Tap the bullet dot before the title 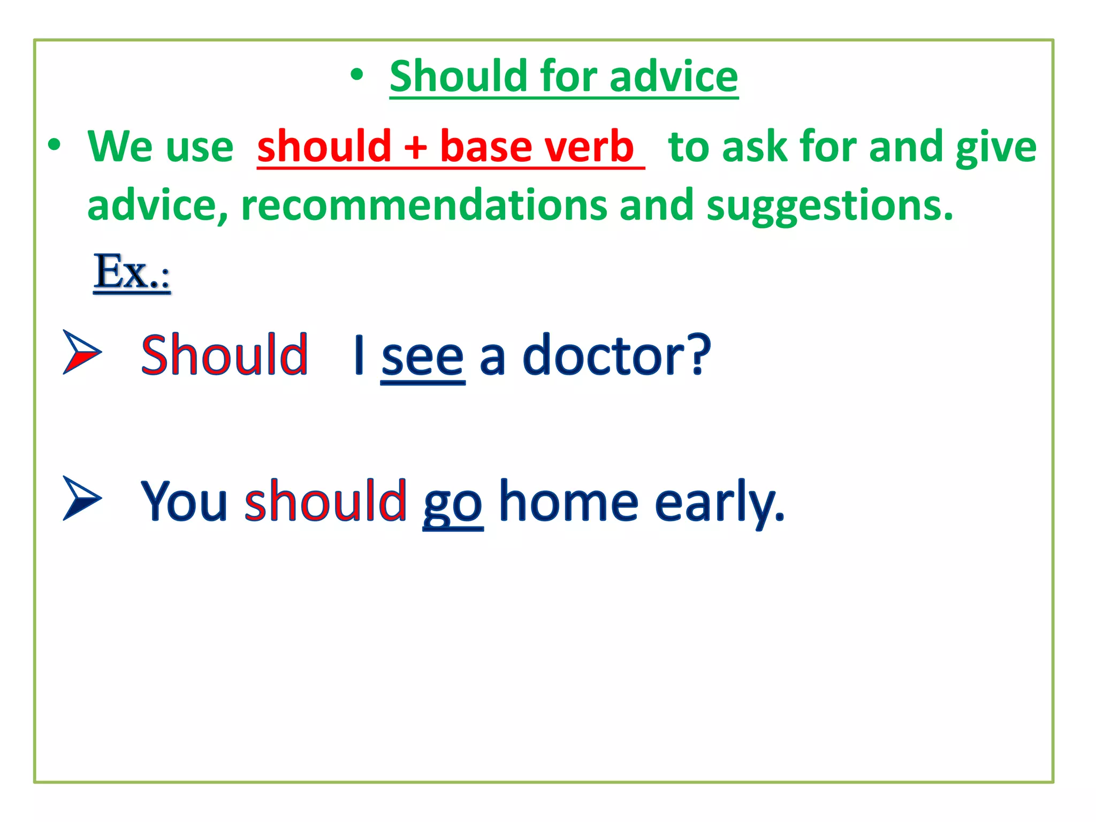[357, 75]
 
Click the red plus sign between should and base [415, 147]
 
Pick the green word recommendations [424, 205]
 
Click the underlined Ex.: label [132, 272]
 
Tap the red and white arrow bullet [81, 352]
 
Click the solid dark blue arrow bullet [81, 498]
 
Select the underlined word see [422, 357]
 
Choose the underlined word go [453, 504]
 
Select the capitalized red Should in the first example [224, 355]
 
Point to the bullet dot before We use [54, 145]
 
